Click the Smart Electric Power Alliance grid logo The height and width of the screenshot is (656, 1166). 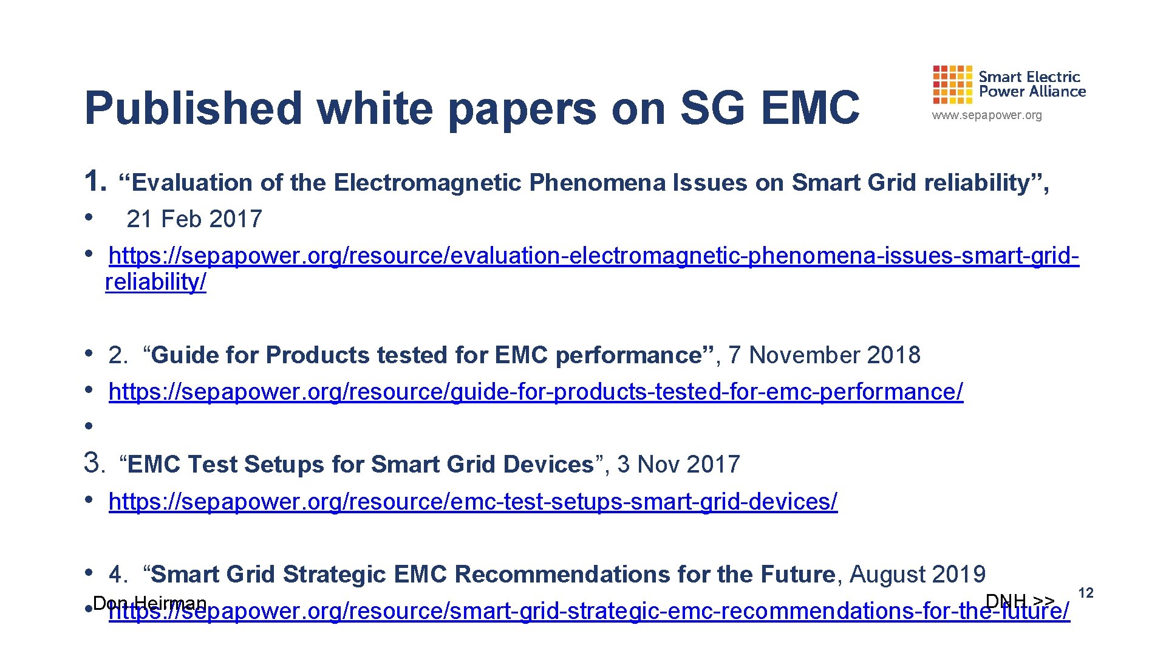[x=952, y=84]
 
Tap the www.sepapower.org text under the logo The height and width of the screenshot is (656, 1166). [x=987, y=115]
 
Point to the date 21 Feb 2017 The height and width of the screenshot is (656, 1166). [x=194, y=219]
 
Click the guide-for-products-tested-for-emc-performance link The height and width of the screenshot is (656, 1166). [x=536, y=392]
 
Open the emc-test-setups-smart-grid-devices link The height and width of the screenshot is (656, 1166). [x=473, y=502]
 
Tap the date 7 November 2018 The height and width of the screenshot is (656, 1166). [x=824, y=355]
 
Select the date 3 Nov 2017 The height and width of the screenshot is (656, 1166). [x=678, y=465]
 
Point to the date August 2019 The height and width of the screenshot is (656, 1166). [x=917, y=575]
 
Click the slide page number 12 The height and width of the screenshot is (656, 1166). [x=1085, y=593]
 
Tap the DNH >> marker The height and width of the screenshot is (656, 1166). [x=1020, y=601]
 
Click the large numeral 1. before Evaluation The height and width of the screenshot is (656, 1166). [x=95, y=182]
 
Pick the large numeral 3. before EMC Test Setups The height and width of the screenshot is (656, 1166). [x=95, y=463]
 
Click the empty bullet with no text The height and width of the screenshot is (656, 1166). [x=89, y=426]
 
